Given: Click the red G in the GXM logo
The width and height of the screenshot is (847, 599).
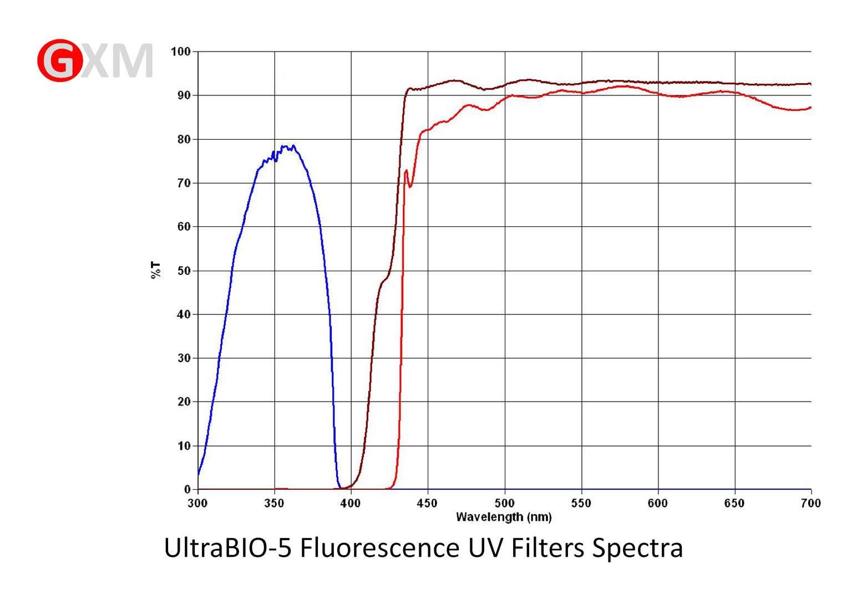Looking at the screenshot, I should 60,60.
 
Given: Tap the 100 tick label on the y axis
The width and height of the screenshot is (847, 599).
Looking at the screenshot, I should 180,52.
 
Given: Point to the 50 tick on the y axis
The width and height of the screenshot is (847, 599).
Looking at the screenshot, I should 184,271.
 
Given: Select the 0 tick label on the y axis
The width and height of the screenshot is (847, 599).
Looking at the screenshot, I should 187,489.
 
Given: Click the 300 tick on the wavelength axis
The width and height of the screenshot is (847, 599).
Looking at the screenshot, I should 197,503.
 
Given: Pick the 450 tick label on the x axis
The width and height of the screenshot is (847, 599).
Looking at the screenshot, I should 427,503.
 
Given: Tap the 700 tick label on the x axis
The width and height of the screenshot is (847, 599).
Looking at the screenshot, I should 810,503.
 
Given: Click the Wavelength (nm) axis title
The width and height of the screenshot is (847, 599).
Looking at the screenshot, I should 504,517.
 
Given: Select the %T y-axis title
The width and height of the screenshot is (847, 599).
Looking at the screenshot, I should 156,270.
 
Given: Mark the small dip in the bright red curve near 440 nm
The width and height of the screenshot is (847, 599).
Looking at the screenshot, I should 410,186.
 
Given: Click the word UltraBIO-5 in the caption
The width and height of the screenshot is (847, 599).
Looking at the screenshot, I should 227,548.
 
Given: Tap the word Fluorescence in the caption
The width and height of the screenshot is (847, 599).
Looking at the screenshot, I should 379,548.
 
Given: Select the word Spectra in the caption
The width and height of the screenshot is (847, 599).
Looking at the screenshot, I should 637,548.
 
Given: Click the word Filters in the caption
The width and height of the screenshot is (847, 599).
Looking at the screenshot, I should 547,548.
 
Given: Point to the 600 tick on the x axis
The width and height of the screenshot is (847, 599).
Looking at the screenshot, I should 658,503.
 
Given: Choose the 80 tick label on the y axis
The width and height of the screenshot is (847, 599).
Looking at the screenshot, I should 184,139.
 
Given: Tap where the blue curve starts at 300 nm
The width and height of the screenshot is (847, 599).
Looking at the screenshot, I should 199,474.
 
